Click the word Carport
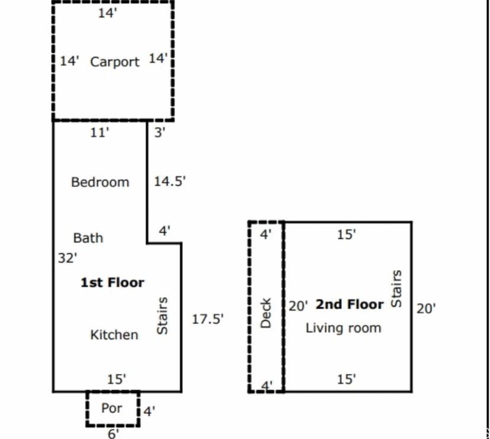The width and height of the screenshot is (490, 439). click(x=115, y=62)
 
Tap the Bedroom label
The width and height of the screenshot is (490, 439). click(x=100, y=182)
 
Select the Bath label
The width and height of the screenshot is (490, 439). click(x=88, y=238)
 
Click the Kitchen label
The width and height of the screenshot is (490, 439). click(x=114, y=335)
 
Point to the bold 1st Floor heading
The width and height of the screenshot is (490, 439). click(x=113, y=282)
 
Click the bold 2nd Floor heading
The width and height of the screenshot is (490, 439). click(x=350, y=304)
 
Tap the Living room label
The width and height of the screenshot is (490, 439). click(x=343, y=328)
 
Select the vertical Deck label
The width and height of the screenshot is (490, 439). click(x=265, y=313)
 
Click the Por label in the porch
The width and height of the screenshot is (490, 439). click(x=111, y=408)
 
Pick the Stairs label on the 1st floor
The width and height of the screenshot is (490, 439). click(x=162, y=316)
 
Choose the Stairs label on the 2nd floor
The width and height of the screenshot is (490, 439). click(x=396, y=289)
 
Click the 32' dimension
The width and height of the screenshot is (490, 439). click(x=68, y=259)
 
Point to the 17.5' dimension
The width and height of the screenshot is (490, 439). click(x=207, y=319)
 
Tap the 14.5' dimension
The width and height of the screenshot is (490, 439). click(x=169, y=181)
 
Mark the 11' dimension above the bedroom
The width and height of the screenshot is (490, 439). click(x=100, y=133)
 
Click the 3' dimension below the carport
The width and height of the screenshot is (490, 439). click(x=159, y=133)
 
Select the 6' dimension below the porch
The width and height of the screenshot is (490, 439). click(x=113, y=434)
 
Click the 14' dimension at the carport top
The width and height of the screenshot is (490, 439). click(x=107, y=13)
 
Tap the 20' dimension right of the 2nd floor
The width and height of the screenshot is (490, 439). click(x=425, y=309)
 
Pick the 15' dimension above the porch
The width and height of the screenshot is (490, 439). click(x=116, y=379)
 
